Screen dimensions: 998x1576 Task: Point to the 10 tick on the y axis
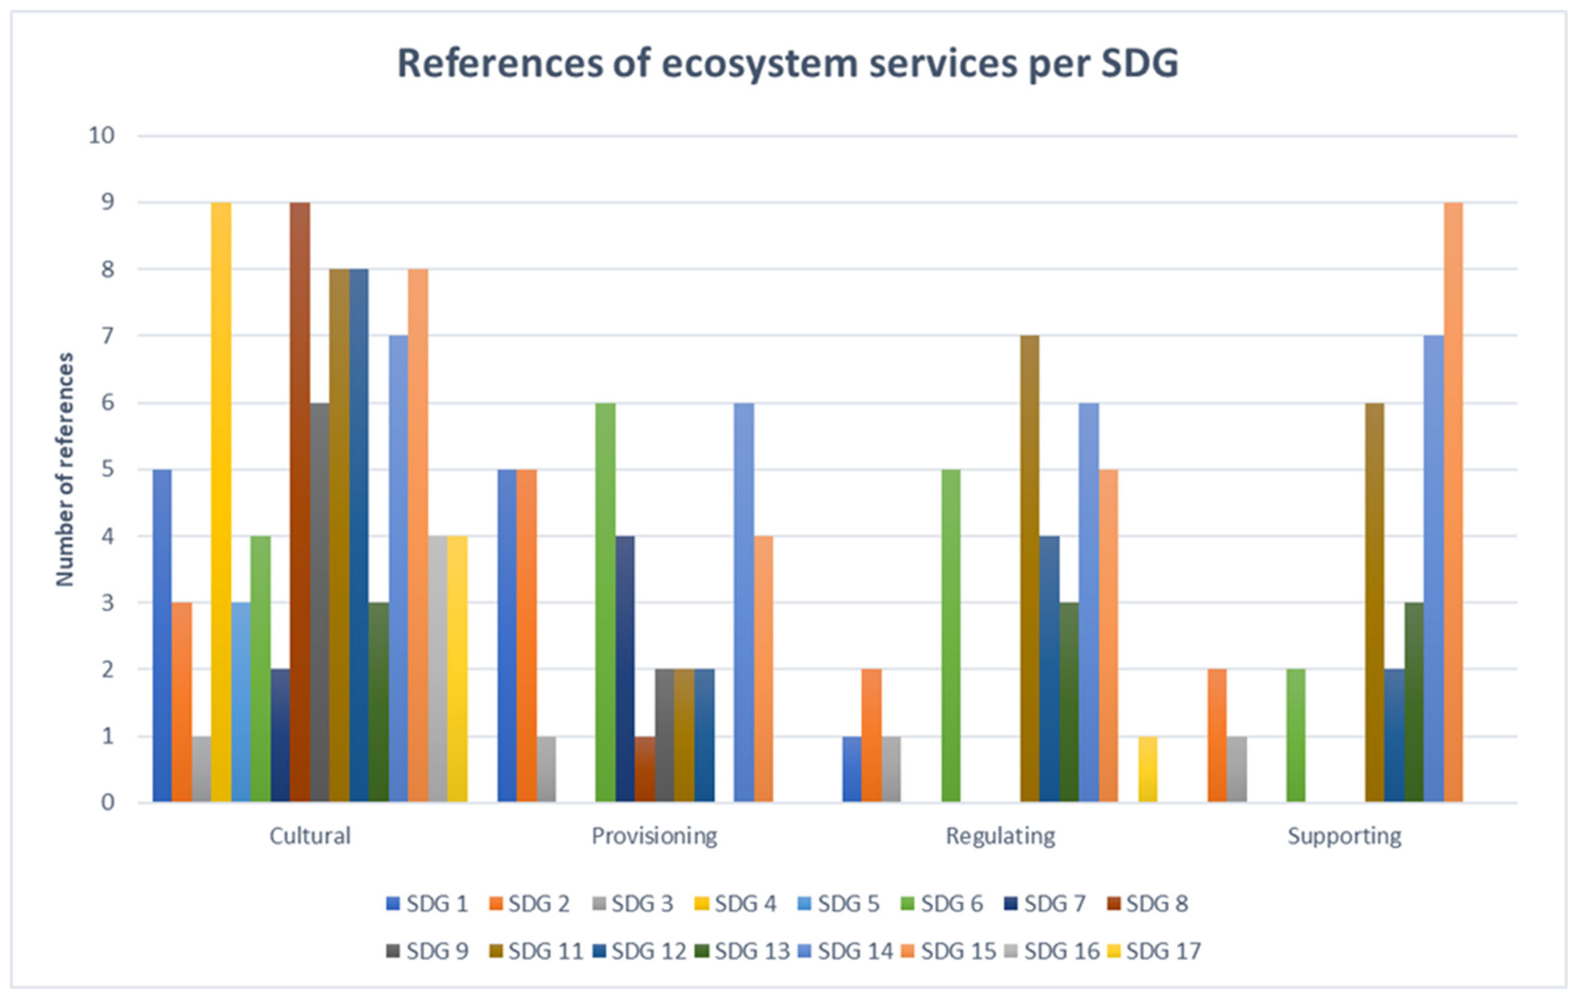point(101,135)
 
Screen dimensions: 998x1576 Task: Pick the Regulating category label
point(1000,836)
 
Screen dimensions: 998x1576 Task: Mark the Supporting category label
point(1344,836)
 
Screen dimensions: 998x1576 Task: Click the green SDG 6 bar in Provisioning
point(605,602)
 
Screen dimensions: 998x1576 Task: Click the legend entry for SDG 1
point(427,904)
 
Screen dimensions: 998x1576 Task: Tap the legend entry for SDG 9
point(427,951)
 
